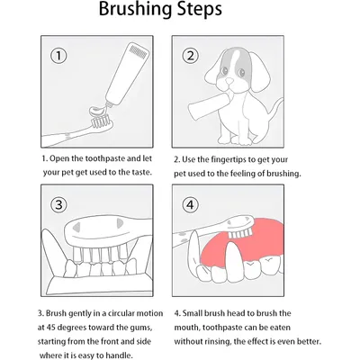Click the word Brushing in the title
[135, 10]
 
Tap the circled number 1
[58, 56]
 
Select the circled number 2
[190, 56]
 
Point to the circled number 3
[58, 204]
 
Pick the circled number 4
[190, 204]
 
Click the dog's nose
[229, 81]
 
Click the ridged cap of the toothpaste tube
[139, 51]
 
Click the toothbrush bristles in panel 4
[239, 233]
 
